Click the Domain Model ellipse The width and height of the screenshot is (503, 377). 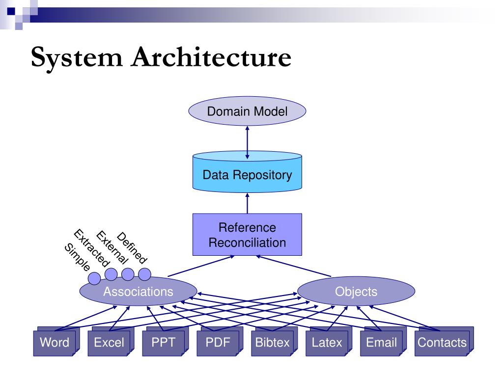pyautogui.click(x=247, y=111)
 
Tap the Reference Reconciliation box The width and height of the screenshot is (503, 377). pyautogui.click(x=247, y=235)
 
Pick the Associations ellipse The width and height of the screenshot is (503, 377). pyautogui.click(x=138, y=292)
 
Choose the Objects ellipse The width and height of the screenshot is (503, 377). pyautogui.click(x=356, y=292)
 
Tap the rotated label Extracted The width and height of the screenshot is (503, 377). pyautogui.click(x=92, y=248)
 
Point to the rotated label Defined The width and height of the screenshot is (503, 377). pyautogui.click(x=132, y=247)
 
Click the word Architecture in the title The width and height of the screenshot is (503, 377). pyautogui.click(x=211, y=57)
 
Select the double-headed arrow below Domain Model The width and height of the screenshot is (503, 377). pyautogui.click(x=247, y=142)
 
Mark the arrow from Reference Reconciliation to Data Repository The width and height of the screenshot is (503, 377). pyautogui.click(x=247, y=203)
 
